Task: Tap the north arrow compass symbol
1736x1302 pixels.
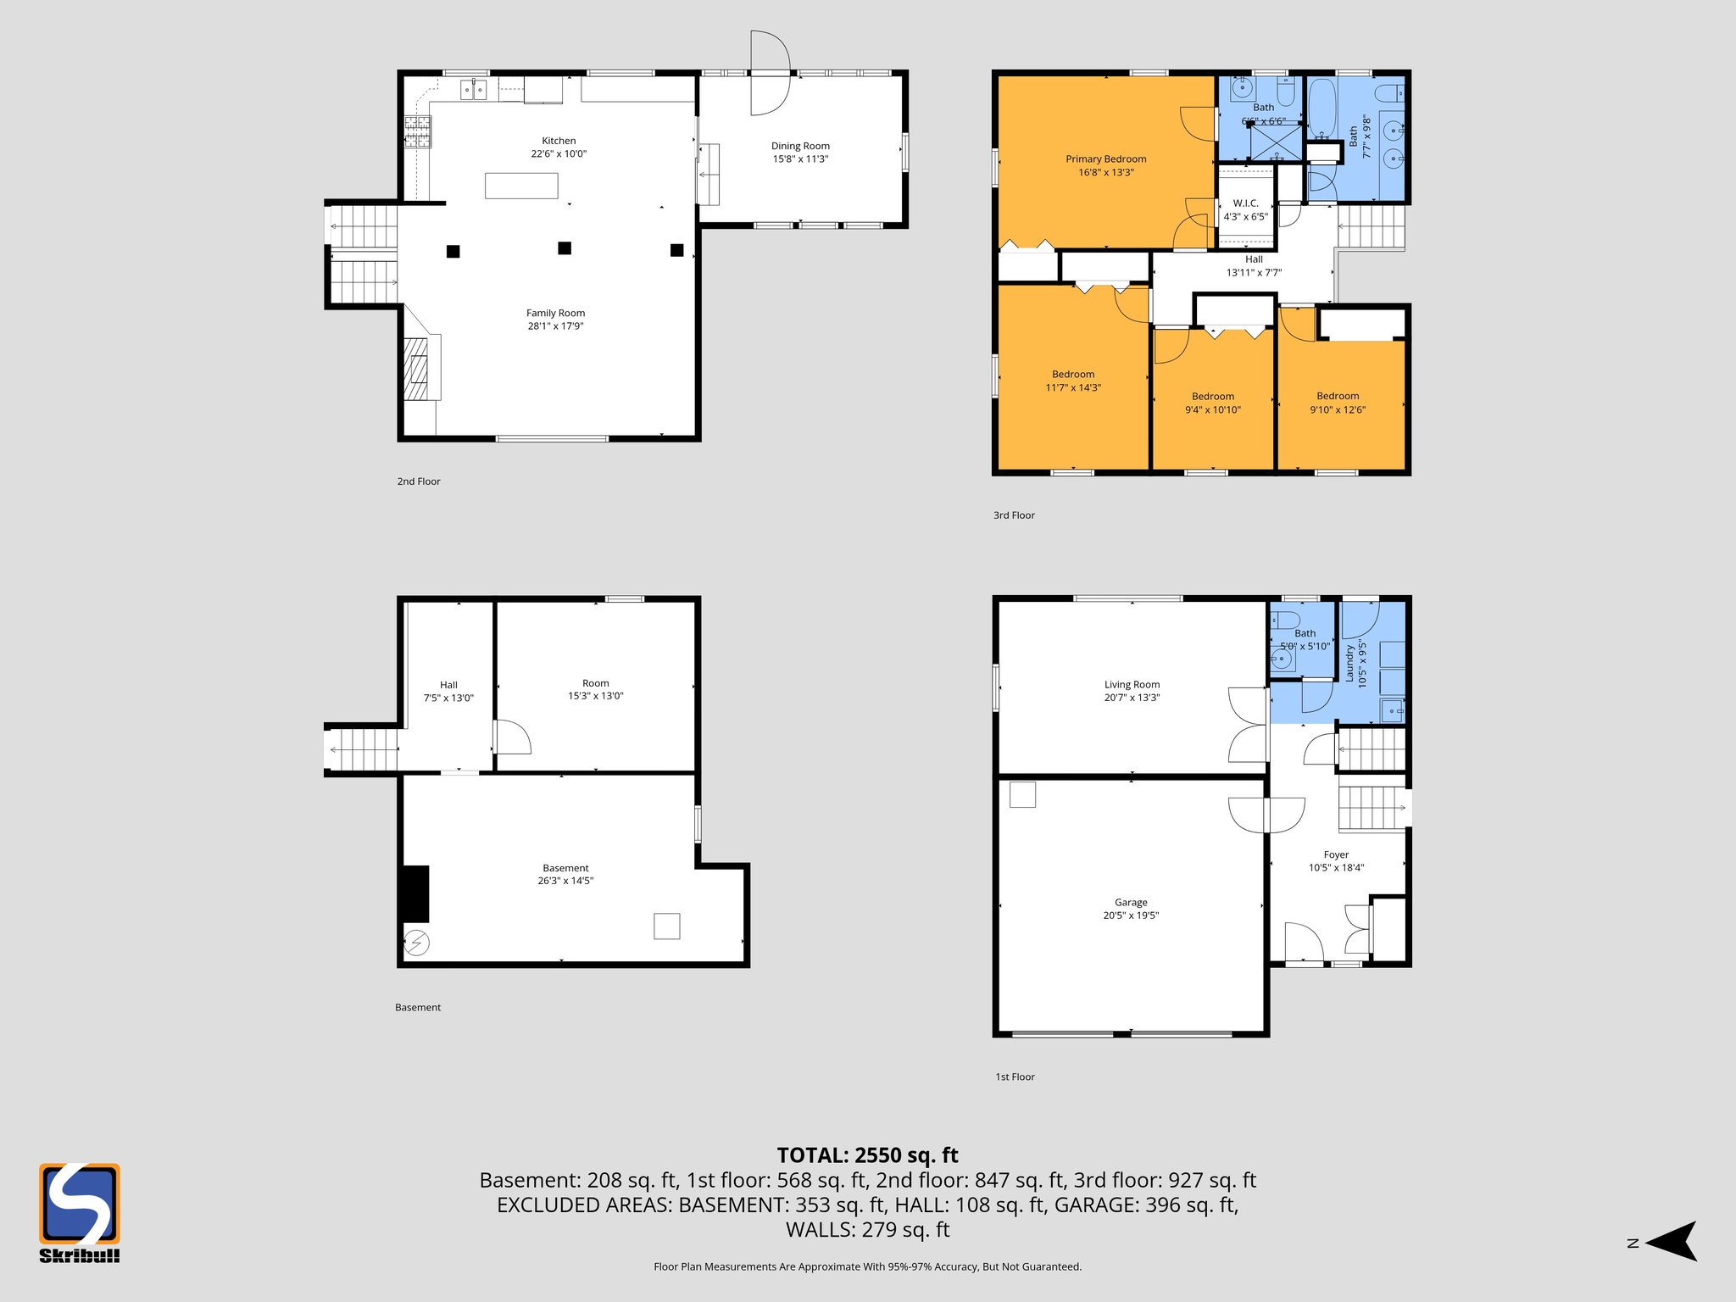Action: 1670,1242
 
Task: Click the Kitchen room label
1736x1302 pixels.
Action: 559,141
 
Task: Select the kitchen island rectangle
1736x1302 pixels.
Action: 521,185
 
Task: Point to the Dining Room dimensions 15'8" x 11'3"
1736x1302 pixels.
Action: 800,159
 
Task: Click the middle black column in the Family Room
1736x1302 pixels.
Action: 565,248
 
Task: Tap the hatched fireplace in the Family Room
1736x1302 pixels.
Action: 415,369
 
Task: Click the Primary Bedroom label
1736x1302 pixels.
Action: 1105,159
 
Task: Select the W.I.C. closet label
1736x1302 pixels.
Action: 1245,203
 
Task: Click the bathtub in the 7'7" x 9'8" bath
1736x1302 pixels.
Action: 1321,108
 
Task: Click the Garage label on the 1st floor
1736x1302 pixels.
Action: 1131,903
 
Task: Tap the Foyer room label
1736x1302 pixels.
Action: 1336,855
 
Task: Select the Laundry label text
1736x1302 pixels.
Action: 1349,662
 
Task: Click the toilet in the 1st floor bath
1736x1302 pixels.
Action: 1284,620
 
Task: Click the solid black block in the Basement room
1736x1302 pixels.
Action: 415,893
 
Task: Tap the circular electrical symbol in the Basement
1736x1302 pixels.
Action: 416,943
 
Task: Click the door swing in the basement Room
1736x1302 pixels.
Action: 511,738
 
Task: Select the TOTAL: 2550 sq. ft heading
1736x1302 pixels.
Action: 867,1155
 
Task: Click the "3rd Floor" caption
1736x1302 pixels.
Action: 1014,515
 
